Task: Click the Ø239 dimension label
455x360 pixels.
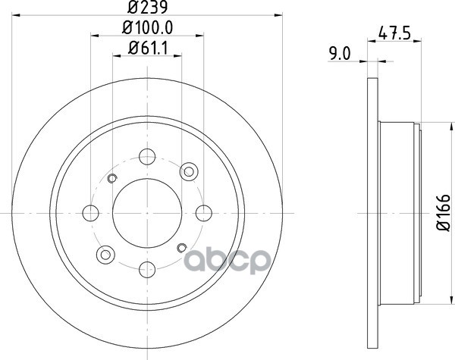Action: [x=147, y=8]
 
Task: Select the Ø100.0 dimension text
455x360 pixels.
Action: [x=147, y=28]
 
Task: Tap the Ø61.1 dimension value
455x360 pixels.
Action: [x=148, y=49]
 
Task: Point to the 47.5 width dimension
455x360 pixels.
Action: [x=394, y=33]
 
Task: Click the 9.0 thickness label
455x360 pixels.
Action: [x=340, y=54]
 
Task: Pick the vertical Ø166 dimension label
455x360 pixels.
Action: [x=444, y=213]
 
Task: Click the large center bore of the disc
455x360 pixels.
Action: [x=147, y=213]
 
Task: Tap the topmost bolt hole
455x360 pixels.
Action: [x=147, y=157]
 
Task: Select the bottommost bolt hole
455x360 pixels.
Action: [x=147, y=270]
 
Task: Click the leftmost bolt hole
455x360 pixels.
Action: [x=90, y=213]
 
